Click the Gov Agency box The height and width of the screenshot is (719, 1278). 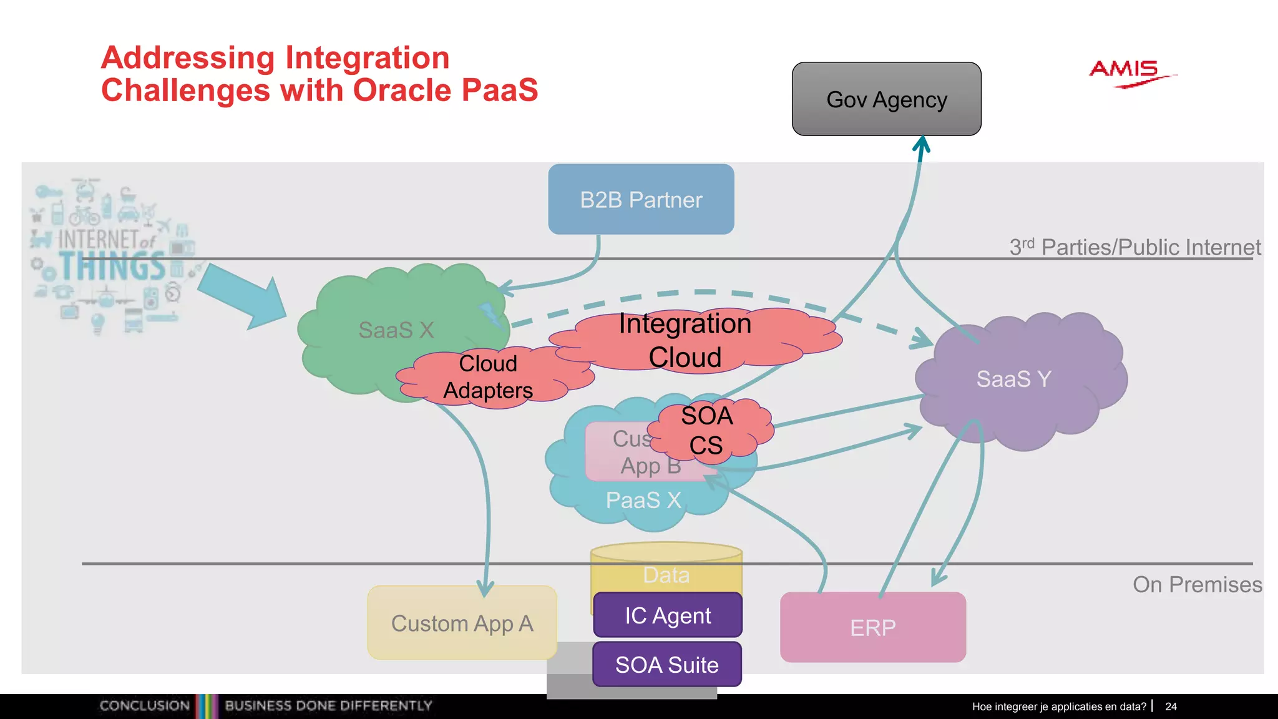[x=886, y=99]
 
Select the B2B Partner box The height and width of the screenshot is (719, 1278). [x=641, y=200]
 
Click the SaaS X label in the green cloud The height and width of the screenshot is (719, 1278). [x=396, y=330]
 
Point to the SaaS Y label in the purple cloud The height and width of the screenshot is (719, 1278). [x=1013, y=379]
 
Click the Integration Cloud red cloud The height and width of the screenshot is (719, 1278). [x=685, y=341]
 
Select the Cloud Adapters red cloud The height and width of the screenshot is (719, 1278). [x=488, y=377]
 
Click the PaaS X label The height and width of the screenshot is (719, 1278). [x=643, y=501]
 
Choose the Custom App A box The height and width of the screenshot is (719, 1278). [x=462, y=623]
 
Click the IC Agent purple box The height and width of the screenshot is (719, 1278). [x=667, y=616]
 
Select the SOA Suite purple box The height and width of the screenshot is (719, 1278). [x=666, y=665]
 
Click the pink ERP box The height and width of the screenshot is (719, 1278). [x=872, y=627]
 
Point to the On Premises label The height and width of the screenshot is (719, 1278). [x=1197, y=585]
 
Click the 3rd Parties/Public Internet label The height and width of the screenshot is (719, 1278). [x=1134, y=247]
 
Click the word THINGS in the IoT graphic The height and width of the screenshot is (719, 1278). [x=112, y=267]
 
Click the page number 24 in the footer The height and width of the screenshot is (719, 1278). [x=1171, y=707]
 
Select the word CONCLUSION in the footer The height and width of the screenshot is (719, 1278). [x=144, y=706]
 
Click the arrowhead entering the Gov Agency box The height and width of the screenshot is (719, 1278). [x=922, y=145]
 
